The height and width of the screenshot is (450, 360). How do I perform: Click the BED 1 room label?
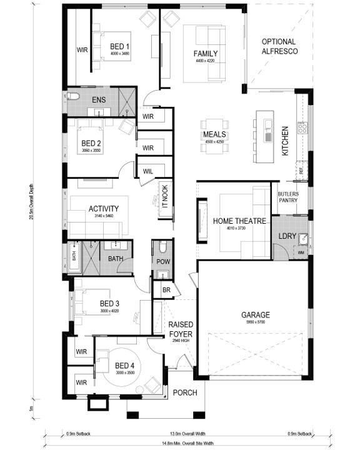click(119, 47)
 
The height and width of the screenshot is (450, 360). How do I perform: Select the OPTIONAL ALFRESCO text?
click(279, 47)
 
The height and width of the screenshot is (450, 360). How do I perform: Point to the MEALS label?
click(214, 135)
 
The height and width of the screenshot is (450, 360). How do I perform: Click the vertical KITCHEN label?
click(285, 140)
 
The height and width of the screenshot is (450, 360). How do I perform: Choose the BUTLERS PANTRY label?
click(288, 197)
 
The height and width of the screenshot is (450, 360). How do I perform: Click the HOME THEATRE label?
click(240, 221)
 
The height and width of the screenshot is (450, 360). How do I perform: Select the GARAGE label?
click(257, 315)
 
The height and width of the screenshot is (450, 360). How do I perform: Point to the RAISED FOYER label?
click(181, 329)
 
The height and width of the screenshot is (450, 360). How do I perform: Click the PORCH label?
click(186, 392)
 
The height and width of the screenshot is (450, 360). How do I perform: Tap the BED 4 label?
click(124, 366)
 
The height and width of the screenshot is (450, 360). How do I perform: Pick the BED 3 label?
click(109, 304)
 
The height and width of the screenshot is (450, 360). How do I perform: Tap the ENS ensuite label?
click(98, 99)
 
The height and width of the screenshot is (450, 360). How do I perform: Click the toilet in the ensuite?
click(73, 96)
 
